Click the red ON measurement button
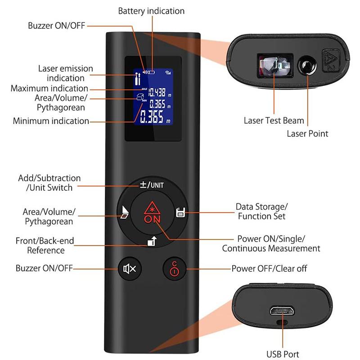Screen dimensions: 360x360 (150, 213)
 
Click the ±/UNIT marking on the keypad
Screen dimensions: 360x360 (151, 184)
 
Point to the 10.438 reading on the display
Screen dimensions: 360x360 (155, 92)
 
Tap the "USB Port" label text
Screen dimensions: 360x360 (283, 355)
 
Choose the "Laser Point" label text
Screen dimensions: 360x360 (307, 133)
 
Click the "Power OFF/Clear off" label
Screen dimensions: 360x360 (269, 269)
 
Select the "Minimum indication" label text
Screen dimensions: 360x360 (51, 121)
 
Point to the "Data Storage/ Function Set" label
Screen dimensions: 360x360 (261, 211)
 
